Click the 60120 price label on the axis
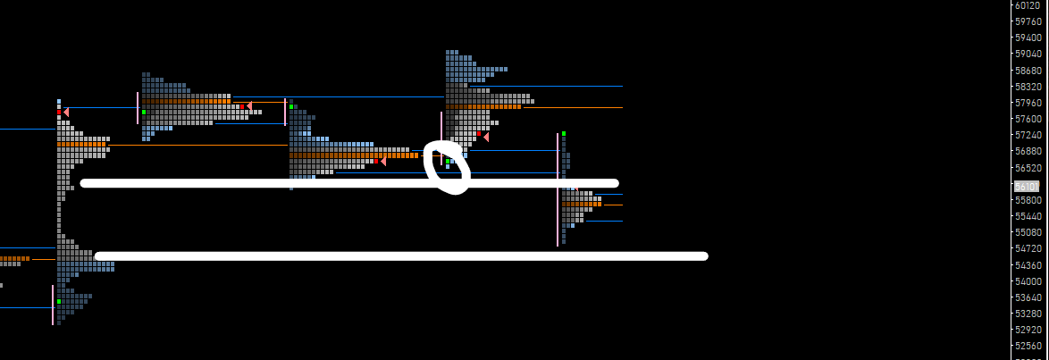pos(1028,5)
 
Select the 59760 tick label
pos(1028,21)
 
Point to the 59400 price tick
pos(1028,38)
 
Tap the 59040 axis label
pos(1028,54)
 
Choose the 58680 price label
pos(1028,71)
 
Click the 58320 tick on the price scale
pos(1028,87)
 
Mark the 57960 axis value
pos(1028,103)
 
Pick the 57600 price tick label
pos(1028,119)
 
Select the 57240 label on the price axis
pos(1028,135)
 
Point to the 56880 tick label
pos(1028,151)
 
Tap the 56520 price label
pos(1028,168)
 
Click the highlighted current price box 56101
pos(1028,187)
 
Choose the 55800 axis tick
pos(1028,200)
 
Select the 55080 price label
pos(1028,232)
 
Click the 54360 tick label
pos(1028,265)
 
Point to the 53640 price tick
pos(1028,297)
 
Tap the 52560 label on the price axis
pos(1028,346)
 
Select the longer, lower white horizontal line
pos(402,256)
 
